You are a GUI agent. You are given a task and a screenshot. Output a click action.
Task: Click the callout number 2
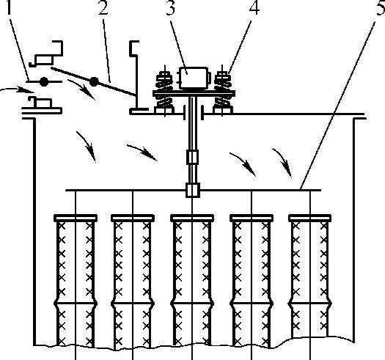[103, 8]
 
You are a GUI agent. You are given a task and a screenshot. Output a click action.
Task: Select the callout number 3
[171, 7]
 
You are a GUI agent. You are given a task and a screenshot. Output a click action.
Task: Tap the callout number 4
[254, 7]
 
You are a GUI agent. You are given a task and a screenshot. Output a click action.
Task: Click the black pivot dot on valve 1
[44, 82]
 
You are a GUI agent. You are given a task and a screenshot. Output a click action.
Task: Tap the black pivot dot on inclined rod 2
[94, 82]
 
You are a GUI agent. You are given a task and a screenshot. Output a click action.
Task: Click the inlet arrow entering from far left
[17, 89]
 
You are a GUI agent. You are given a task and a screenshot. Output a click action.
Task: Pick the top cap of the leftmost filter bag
[76, 218]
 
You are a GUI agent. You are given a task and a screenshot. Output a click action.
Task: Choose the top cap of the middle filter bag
[192, 218]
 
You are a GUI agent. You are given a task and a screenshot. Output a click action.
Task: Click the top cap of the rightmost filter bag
[310, 218]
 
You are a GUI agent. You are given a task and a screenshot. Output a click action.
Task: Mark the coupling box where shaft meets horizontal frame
[193, 190]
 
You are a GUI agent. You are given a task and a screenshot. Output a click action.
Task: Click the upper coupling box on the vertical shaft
[192, 157]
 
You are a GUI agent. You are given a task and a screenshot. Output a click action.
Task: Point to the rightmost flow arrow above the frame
[282, 162]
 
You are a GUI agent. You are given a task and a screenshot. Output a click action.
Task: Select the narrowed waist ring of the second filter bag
[133, 304]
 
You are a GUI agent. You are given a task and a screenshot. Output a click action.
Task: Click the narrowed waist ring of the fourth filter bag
[252, 304]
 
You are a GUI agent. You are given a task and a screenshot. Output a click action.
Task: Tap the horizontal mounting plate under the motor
[194, 93]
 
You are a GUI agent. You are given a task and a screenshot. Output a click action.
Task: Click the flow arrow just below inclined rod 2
[81, 89]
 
